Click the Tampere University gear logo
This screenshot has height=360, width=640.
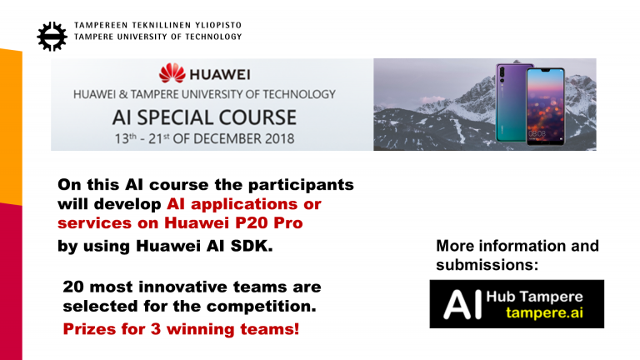[x=52, y=37]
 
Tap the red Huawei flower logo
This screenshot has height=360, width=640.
[x=172, y=72]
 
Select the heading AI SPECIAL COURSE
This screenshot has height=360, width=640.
[x=204, y=117]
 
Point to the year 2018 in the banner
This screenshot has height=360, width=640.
[x=280, y=139]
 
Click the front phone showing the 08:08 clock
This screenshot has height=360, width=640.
[x=545, y=107]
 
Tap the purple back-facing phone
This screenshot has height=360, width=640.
[x=510, y=102]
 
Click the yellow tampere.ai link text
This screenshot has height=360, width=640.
[x=544, y=313]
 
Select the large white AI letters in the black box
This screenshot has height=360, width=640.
[x=462, y=304]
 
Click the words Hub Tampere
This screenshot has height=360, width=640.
[x=535, y=297]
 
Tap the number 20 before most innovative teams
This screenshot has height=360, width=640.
[x=73, y=287]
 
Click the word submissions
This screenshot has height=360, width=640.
[x=487, y=265]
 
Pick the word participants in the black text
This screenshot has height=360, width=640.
[x=301, y=185]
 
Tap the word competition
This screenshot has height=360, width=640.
[x=261, y=307]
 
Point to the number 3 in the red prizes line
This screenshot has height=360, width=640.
[x=156, y=329]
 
